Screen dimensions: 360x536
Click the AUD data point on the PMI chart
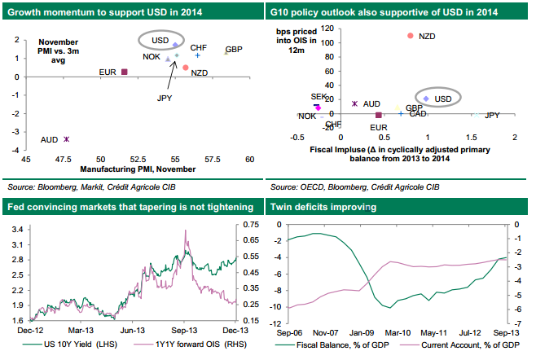pos(67,139)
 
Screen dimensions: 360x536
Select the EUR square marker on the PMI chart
pos(125,72)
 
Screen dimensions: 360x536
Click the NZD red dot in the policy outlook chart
pos(410,36)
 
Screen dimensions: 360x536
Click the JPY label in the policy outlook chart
pos(492,116)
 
